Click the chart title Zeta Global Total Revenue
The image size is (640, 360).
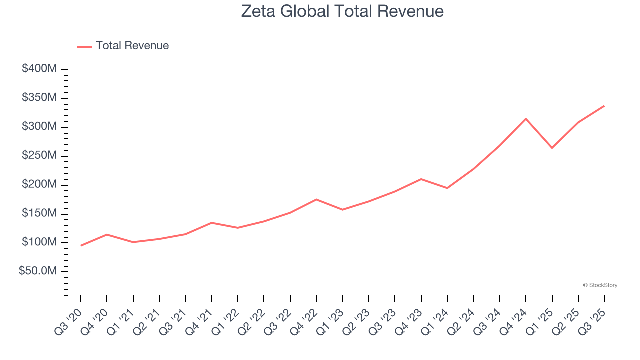click(x=342, y=11)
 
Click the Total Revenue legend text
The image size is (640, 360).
click(x=132, y=46)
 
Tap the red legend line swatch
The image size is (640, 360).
click(x=85, y=46)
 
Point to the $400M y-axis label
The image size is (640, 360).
click(x=39, y=69)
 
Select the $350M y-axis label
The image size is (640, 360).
click(x=39, y=98)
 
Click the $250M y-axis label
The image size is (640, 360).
click(x=39, y=156)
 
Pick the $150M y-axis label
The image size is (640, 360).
click(x=39, y=214)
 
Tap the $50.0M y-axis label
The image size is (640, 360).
click(x=38, y=271)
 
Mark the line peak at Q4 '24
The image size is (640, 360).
click(x=526, y=119)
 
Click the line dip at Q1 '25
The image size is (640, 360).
click(x=552, y=148)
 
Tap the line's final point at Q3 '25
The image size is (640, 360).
click(x=604, y=106)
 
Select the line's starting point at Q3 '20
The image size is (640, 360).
click(x=81, y=245)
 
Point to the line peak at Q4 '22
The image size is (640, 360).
click(x=316, y=199)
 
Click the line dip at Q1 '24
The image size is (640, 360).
click(x=447, y=188)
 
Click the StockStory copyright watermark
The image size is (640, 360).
click(x=600, y=285)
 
